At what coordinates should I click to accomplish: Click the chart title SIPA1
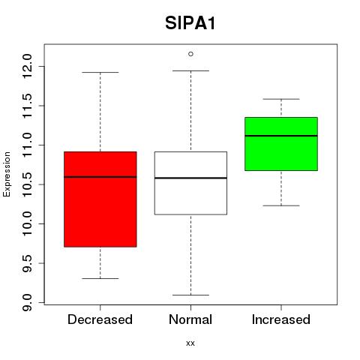pyautogui.click(x=190, y=23)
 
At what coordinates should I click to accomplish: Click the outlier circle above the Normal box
pyautogui.click(x=190, y=54)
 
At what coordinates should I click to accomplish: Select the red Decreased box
pyautogui.click(x=100, y=199)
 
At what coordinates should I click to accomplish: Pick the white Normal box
pyautogui.click(x=190, y=183)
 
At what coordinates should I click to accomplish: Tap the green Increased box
pyautogui.click(x=281, y=144)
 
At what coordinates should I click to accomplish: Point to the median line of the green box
pyautogui.click(x=281, y=136)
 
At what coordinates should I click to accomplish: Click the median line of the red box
pyautogui.click(x=100, y=177)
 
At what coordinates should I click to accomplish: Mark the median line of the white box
pyautogui.click(x=190, y=178)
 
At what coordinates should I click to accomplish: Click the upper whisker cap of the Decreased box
pyautogui.click(x=100, y=73)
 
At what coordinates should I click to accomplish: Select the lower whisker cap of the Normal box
pyautogui.click(x=190, y=295)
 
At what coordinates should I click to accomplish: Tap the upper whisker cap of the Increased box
pyautogui.click(x=281, y=99)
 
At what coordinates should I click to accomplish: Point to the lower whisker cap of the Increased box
pyautogui.click(x=281, y=205)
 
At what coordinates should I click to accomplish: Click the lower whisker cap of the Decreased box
pyautogui.click(x=100, y=278)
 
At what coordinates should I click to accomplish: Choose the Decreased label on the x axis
pyautogui.click(x=100, y=319)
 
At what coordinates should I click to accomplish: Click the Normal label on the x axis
pyautogui.click(x=190, y=319)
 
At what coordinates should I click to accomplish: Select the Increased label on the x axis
pyautogui.click(x=281, y=319)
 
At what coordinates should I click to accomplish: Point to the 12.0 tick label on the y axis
pyautogui.click(x=28, y=66)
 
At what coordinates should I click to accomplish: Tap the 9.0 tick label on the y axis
pyautogui.click(x=28, y=302)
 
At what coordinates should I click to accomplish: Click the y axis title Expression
pyautogui.click(x=7, y=174)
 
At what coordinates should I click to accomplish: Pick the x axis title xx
pyautogui.click(x=190, y=343)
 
